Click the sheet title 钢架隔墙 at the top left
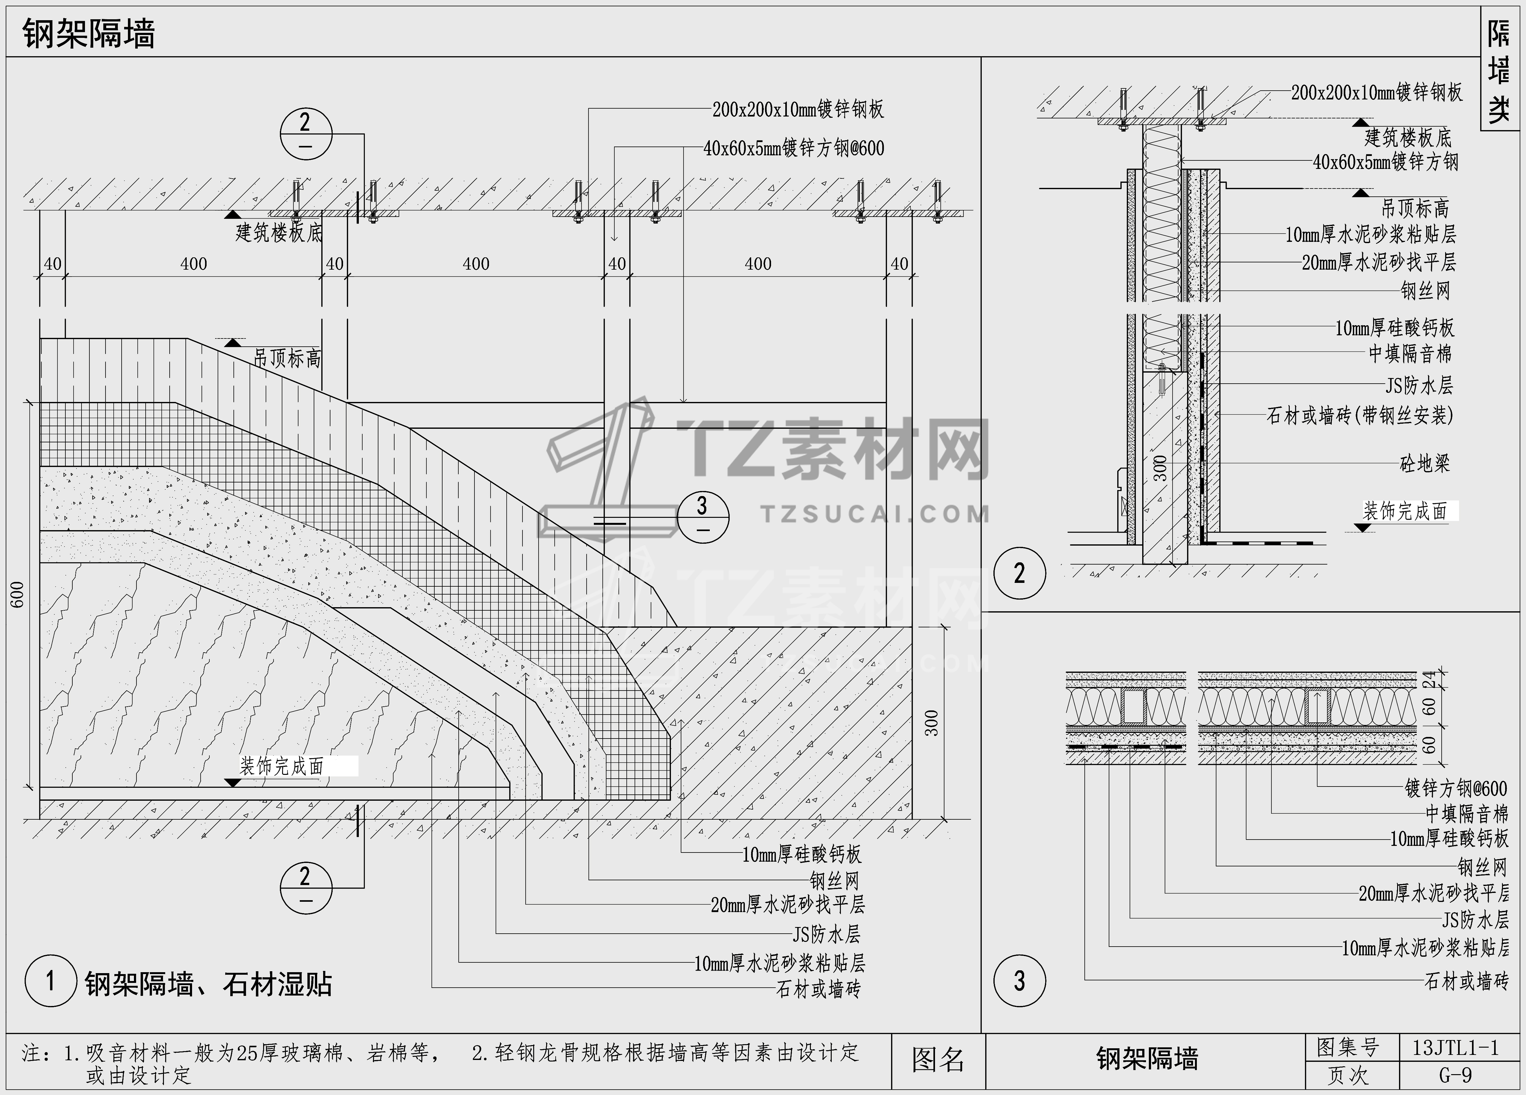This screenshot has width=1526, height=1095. [89, 34]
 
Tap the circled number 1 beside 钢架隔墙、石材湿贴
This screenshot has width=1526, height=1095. [51, 981]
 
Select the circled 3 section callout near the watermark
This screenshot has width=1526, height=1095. [703, 517]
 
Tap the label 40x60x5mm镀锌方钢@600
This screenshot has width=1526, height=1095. [794, 149]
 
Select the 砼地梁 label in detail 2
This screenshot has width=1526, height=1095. [1424, 464]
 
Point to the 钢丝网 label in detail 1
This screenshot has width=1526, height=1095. [834, 880]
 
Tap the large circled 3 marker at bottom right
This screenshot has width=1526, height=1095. [1019, 981]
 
